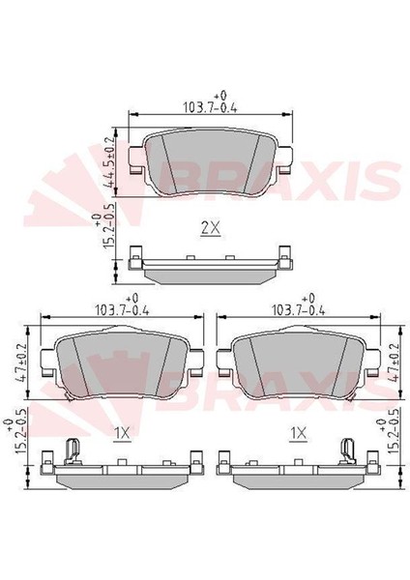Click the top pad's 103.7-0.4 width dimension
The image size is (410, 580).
tap(210, 107)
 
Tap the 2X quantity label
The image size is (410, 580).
tap(211, 228)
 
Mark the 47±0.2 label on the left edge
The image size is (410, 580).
tap(22, 363)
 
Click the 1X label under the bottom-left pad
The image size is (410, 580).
tap(122, 433)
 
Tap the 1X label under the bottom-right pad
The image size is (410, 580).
tap(299, 433)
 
